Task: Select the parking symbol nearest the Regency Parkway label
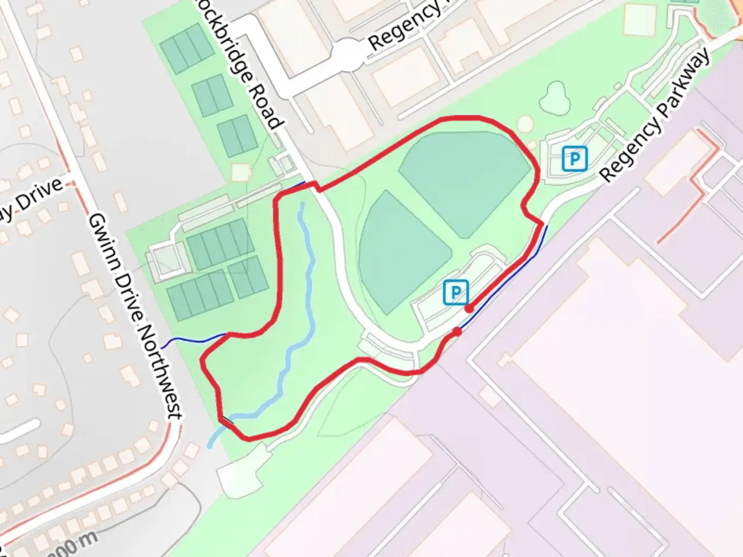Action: tap(574, 158)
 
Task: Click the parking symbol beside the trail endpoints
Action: tap(456, 292)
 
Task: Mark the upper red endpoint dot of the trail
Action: tap(469, 308)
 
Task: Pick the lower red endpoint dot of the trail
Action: tap(457, 332)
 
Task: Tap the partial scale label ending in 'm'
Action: tap(72, 545)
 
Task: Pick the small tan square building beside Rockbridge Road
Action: tap(240, 172)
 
